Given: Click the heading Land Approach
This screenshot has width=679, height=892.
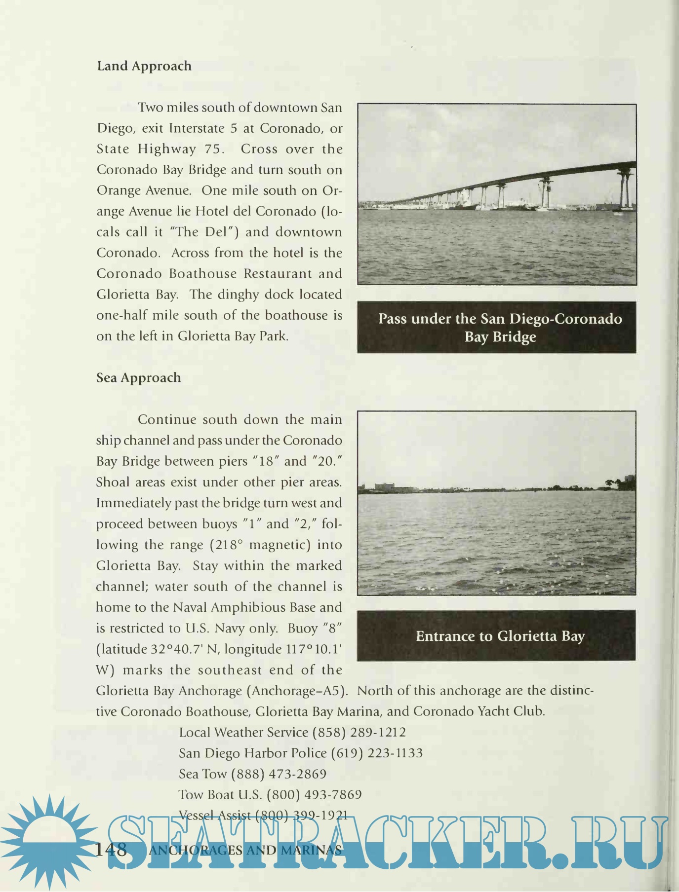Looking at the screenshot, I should click(x=144, y=66).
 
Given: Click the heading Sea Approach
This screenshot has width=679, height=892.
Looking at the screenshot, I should click(x=139, y=378).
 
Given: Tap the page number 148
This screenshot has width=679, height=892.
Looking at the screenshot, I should click(x=111, y=850).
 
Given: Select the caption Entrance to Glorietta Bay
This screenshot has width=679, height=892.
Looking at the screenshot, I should click(x=500, y=636).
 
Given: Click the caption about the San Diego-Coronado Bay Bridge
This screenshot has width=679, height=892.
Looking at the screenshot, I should click(x=500, y=328).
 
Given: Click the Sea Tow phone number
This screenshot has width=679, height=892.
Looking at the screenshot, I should click(x=279, y=774).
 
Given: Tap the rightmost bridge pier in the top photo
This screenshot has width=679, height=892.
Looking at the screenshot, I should click(x=625, y=190).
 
